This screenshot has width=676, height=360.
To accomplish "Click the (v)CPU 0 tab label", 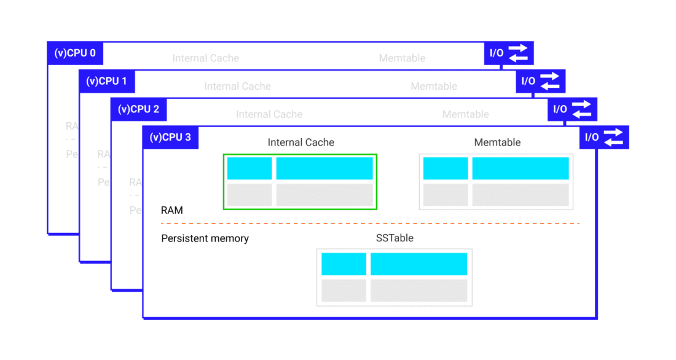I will (75, 53).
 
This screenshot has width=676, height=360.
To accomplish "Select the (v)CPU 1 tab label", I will (107, 81).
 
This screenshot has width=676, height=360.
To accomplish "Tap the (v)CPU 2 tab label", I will (139, 109).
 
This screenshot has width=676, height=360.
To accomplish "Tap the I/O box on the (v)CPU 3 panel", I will (604, 138).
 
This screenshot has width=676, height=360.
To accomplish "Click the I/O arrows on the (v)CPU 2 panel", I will (581, 109).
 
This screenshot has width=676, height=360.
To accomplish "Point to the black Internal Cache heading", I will (301, 143).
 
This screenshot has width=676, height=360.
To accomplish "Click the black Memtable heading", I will (497, 143).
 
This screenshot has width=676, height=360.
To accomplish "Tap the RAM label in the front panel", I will (172, 210).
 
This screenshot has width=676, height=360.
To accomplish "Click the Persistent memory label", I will (205, 238).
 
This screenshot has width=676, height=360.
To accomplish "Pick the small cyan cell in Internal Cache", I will (250, 168).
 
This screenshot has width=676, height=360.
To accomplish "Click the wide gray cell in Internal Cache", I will (324, 195).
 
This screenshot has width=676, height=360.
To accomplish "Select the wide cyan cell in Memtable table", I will (521, 168).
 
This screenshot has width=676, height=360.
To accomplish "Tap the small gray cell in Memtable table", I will (446, 195).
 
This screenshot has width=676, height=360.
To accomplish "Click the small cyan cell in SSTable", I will (344, 264).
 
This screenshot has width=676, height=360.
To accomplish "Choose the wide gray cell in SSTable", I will (419, 291).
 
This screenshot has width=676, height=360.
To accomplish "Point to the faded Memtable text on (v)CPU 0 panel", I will (402, 58).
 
